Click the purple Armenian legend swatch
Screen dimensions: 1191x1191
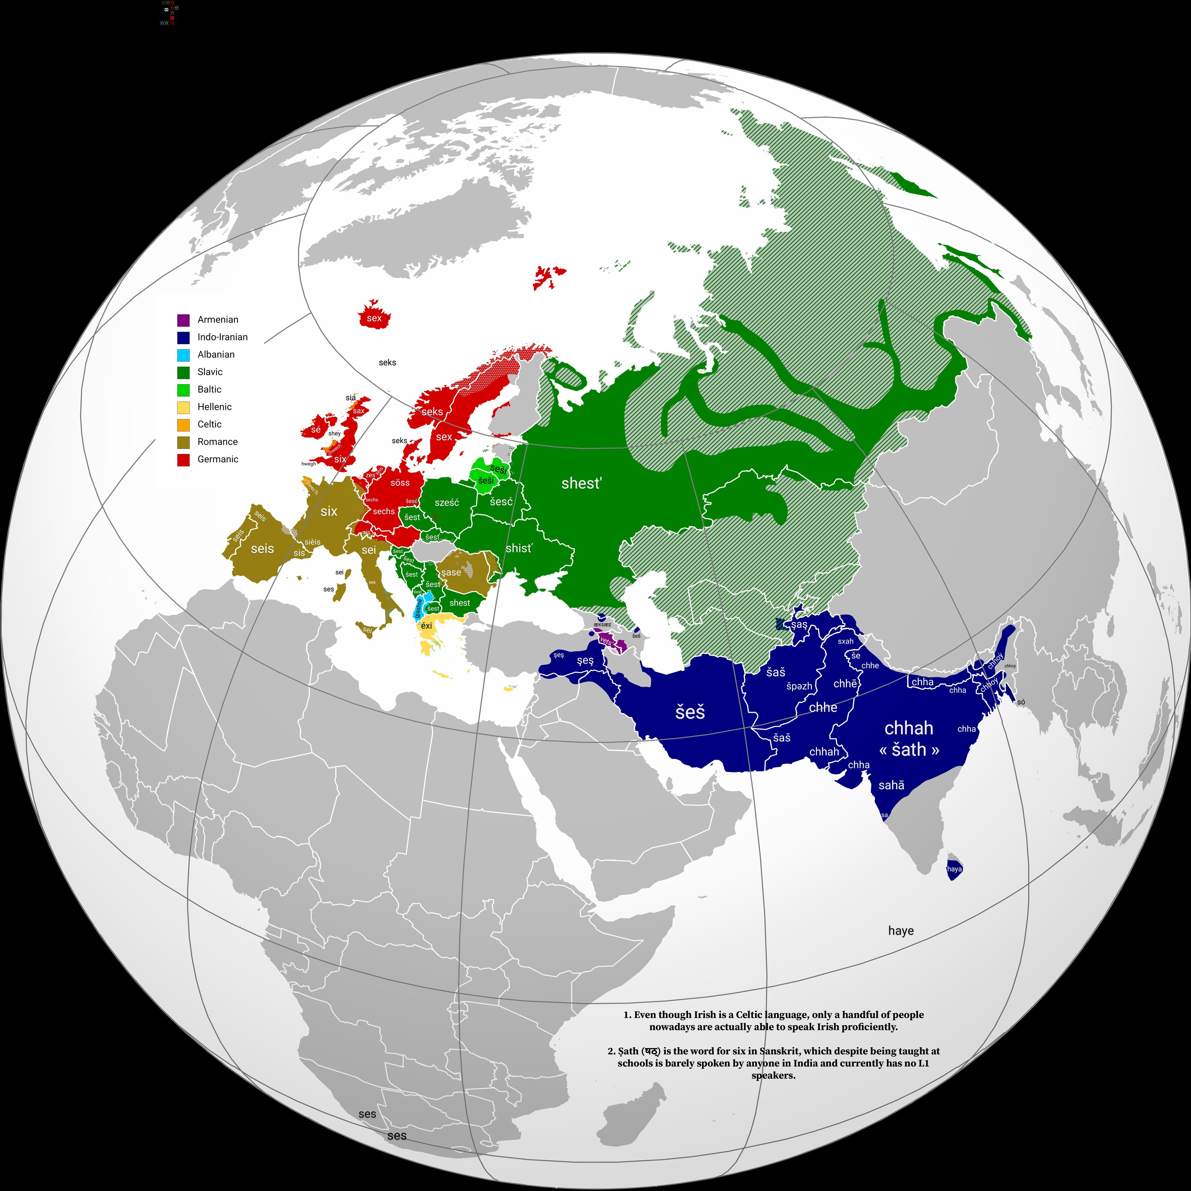coord(183,320)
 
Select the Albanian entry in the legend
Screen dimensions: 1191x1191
coord(216,354)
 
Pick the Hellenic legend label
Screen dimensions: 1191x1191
coord(215,407)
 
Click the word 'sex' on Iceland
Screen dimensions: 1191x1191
coord(374,318)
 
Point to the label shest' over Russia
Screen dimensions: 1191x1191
coord(581,483)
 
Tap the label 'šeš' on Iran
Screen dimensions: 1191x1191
coord(690,713)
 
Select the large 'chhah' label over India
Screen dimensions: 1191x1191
coord(909,728)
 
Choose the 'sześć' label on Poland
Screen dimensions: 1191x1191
coord(447,502)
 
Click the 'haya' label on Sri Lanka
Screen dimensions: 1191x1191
coord(954,869)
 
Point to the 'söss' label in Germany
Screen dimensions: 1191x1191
coord(400,483)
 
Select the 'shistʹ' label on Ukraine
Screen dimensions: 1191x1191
coord(519,548)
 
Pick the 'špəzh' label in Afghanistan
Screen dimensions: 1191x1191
coord(799,686)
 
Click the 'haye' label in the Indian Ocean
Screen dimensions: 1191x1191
coord(901,931)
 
